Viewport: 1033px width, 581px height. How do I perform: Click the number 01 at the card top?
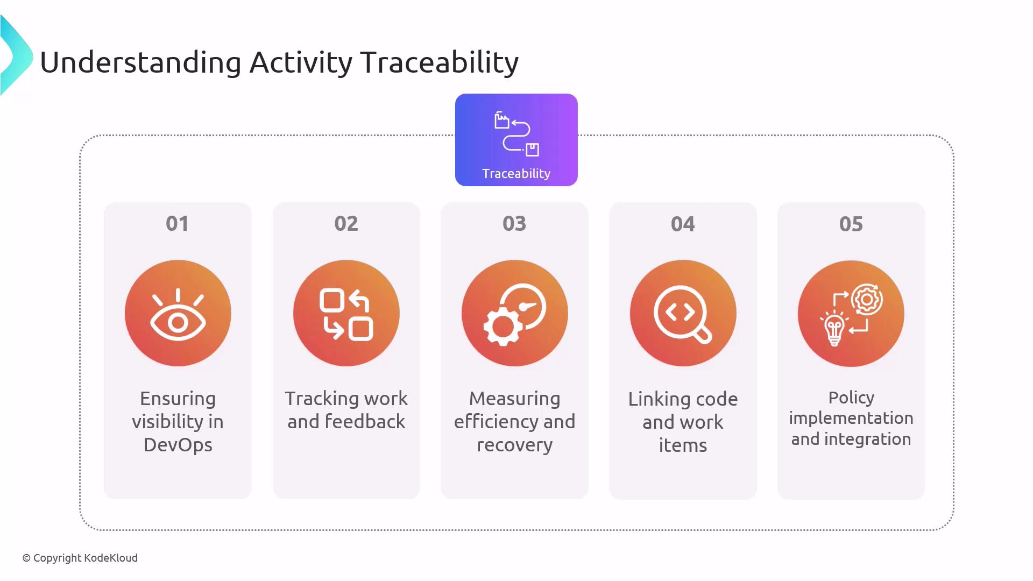pyautogui.click(x=177, y=224)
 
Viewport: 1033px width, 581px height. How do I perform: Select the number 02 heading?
pyautogui.click(x=346, y=224)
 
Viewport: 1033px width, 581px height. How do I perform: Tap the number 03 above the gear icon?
pyautogui.click(x=514, y=224)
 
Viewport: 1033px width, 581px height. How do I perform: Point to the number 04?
pyautogui.click(x=683, y=224)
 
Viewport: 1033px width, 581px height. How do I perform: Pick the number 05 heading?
pyautogui.click(x=851, y=224)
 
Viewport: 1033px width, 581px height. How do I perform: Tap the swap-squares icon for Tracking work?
pyautogui.click(x=346, y=315)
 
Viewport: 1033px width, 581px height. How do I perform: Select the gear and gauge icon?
pyautogui.click(x=514, y=314)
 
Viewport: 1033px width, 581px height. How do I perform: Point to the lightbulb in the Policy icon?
pyautogui.click(x=834, y=329)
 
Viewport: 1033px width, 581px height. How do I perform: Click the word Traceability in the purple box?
pyautogui.click(x=516, y=174)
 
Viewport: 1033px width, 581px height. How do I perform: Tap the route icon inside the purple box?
pyautogui.click(x=516, y=134)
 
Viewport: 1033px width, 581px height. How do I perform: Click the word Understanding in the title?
pyautogui.click(x=140, y=63)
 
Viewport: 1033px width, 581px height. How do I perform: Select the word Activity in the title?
pyautogui.click(x=301, y=63)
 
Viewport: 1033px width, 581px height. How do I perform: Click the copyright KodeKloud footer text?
pyautogui.click(x=80, y=558)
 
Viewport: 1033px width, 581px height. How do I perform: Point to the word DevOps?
pyautogui.click(x=178, y=445)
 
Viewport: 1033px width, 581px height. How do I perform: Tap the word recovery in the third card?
pyautogui.click(x=514, y=445)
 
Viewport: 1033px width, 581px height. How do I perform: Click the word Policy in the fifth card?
pyautogui.click(x=851, y=398)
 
